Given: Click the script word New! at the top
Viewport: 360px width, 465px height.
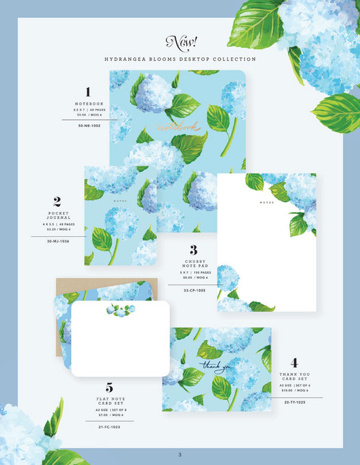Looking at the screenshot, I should pyautogui.click(x=180, y=42).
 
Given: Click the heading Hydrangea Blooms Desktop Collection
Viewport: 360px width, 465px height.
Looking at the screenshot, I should pyautogui.click(x=180, y=59).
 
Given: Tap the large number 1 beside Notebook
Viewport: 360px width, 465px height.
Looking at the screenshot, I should pyautogui.click(x=88, y=91).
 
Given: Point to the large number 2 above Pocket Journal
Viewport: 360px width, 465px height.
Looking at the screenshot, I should pyautogui.click(x=57, y=202).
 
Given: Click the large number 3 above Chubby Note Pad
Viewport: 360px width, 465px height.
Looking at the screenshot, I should pyautogui.click(x=193, y=250).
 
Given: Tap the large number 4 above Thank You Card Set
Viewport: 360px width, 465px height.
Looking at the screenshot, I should pyautogui.click(x=294, y=363).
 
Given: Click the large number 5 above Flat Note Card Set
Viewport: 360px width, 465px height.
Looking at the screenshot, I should pyautogui.click(x=109, y=388).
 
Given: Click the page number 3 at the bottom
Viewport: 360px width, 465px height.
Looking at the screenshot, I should pyautogui.click(x=180, y=455).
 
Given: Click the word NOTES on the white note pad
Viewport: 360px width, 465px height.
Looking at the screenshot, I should pyautogui.click(x=266, y=203).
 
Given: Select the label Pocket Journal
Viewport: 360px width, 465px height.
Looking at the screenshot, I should pyautogui.click(x=58, y=217).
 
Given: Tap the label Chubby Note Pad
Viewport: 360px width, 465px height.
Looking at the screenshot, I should pyautogui.click(x=193, y=264).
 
